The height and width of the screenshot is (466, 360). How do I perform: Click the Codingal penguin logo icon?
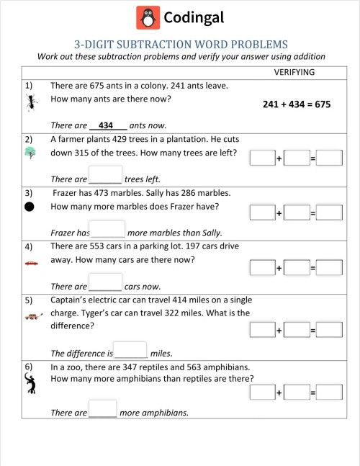pos(148,17)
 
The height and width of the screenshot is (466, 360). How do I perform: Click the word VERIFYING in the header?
pos(294,73)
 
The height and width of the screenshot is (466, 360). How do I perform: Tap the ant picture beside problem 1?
pos(30,105)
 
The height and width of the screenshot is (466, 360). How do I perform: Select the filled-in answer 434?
pos(107,125)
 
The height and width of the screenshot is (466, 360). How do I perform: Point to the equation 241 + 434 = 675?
pos(296,104)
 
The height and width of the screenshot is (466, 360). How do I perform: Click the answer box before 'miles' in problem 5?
pos(130,350)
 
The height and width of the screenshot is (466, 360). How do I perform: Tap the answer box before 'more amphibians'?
pos(102,409)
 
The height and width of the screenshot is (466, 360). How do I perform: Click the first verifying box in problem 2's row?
pos(262,158)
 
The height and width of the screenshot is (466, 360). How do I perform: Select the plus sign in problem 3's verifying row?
pos(279,213)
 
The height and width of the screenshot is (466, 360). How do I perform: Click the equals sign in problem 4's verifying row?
pos(313,268)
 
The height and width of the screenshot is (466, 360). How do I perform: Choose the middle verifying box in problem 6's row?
pos(296,393)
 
